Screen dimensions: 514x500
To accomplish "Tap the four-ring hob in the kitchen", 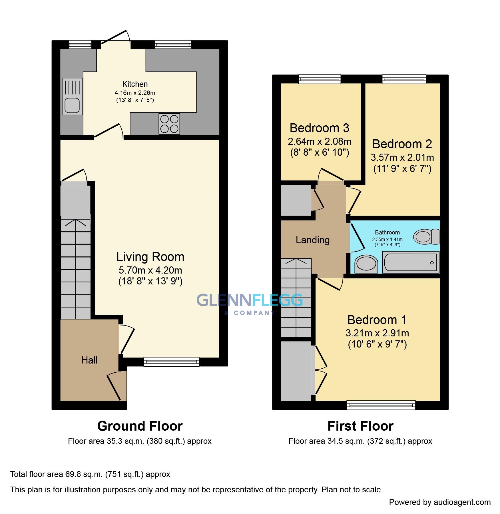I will click(169, 124).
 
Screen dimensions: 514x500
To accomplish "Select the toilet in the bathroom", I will click(426, 236).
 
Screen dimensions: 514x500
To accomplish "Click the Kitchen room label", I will click(135, 84).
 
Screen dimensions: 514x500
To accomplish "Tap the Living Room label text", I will click(150, 257).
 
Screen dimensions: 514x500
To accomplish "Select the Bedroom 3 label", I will click(319, 128).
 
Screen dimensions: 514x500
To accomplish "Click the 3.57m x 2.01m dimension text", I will click(402, 157).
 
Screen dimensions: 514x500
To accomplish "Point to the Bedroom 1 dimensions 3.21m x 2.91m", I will click(377, 333).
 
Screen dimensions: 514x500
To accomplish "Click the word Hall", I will click(89, 360).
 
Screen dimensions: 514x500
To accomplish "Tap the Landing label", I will click(312, 240).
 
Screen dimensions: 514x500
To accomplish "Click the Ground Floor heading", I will click(140, 426).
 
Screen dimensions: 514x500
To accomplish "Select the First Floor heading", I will click(360, 426).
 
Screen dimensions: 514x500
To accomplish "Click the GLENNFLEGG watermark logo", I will click(249, 301).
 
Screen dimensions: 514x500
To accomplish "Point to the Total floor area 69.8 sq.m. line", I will click(90, 474).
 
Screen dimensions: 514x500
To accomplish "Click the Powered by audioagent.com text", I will click(440, 502).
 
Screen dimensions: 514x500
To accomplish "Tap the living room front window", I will click(171, 362).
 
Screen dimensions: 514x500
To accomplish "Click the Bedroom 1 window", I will click(381, 405).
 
